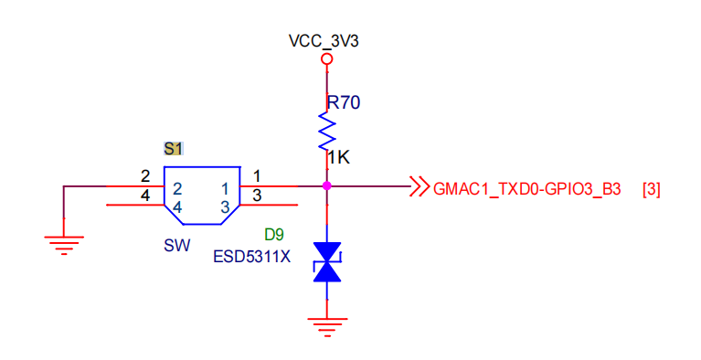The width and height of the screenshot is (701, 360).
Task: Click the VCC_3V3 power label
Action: coord(324,41)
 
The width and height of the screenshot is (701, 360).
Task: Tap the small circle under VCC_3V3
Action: coord(327,58)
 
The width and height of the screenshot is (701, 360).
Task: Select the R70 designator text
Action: coord(344,102)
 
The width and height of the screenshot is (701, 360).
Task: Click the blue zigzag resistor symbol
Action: coord(327,131)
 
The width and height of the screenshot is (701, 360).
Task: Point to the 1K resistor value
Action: coord(339,157)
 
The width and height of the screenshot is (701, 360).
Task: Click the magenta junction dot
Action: coord(327,185)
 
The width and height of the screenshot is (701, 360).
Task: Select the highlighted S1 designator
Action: coord(173,148)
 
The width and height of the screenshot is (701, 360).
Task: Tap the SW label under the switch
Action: coord(177,245)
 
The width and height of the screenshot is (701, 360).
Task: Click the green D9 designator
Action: coord(274,234)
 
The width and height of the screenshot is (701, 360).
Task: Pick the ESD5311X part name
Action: coord(251,257)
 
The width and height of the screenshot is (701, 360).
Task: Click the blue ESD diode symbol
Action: coord(327,262)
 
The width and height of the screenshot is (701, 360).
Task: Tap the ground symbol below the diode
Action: coord(327,327)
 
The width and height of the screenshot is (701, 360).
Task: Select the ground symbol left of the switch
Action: coord(64,245)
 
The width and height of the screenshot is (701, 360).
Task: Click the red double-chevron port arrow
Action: coord(420,186)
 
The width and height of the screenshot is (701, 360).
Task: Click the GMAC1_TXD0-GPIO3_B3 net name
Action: coord(527,189)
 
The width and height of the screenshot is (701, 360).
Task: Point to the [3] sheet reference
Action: coord(651,189)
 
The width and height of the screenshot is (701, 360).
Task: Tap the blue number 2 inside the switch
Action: coord(177,189)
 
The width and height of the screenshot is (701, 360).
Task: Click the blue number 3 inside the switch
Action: coord(225,207)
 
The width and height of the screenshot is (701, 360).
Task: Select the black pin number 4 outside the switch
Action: coord(145,196)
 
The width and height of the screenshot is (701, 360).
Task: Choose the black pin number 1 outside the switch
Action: coord(257,176)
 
